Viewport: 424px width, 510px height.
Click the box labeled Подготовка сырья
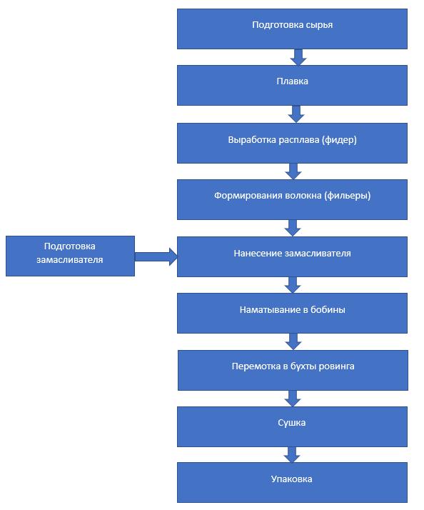click(x=292, y=29)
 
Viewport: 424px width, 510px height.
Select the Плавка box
click(x=292, y=85)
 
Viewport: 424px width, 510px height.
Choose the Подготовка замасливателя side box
click(x=70, y=256)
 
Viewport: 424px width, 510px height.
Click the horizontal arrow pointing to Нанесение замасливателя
click(x=156, y=256)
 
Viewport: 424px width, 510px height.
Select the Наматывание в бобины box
click(x=292, y=313)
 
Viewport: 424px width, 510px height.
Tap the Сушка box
click(x=292, y=426)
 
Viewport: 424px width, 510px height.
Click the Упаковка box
click(x=292, y=482)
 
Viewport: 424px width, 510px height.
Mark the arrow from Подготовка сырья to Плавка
click(x=298, y=57)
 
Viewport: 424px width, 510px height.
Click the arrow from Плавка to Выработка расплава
click(x=296, y=114)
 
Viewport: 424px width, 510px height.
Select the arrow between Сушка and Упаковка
click(x=292, y=454)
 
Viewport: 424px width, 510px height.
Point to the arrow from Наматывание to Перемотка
click(x=293, y=341)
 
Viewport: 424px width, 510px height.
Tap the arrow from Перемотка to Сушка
click(x=293, y=399)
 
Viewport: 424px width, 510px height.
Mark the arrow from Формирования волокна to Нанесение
click(x=293, y=228)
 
